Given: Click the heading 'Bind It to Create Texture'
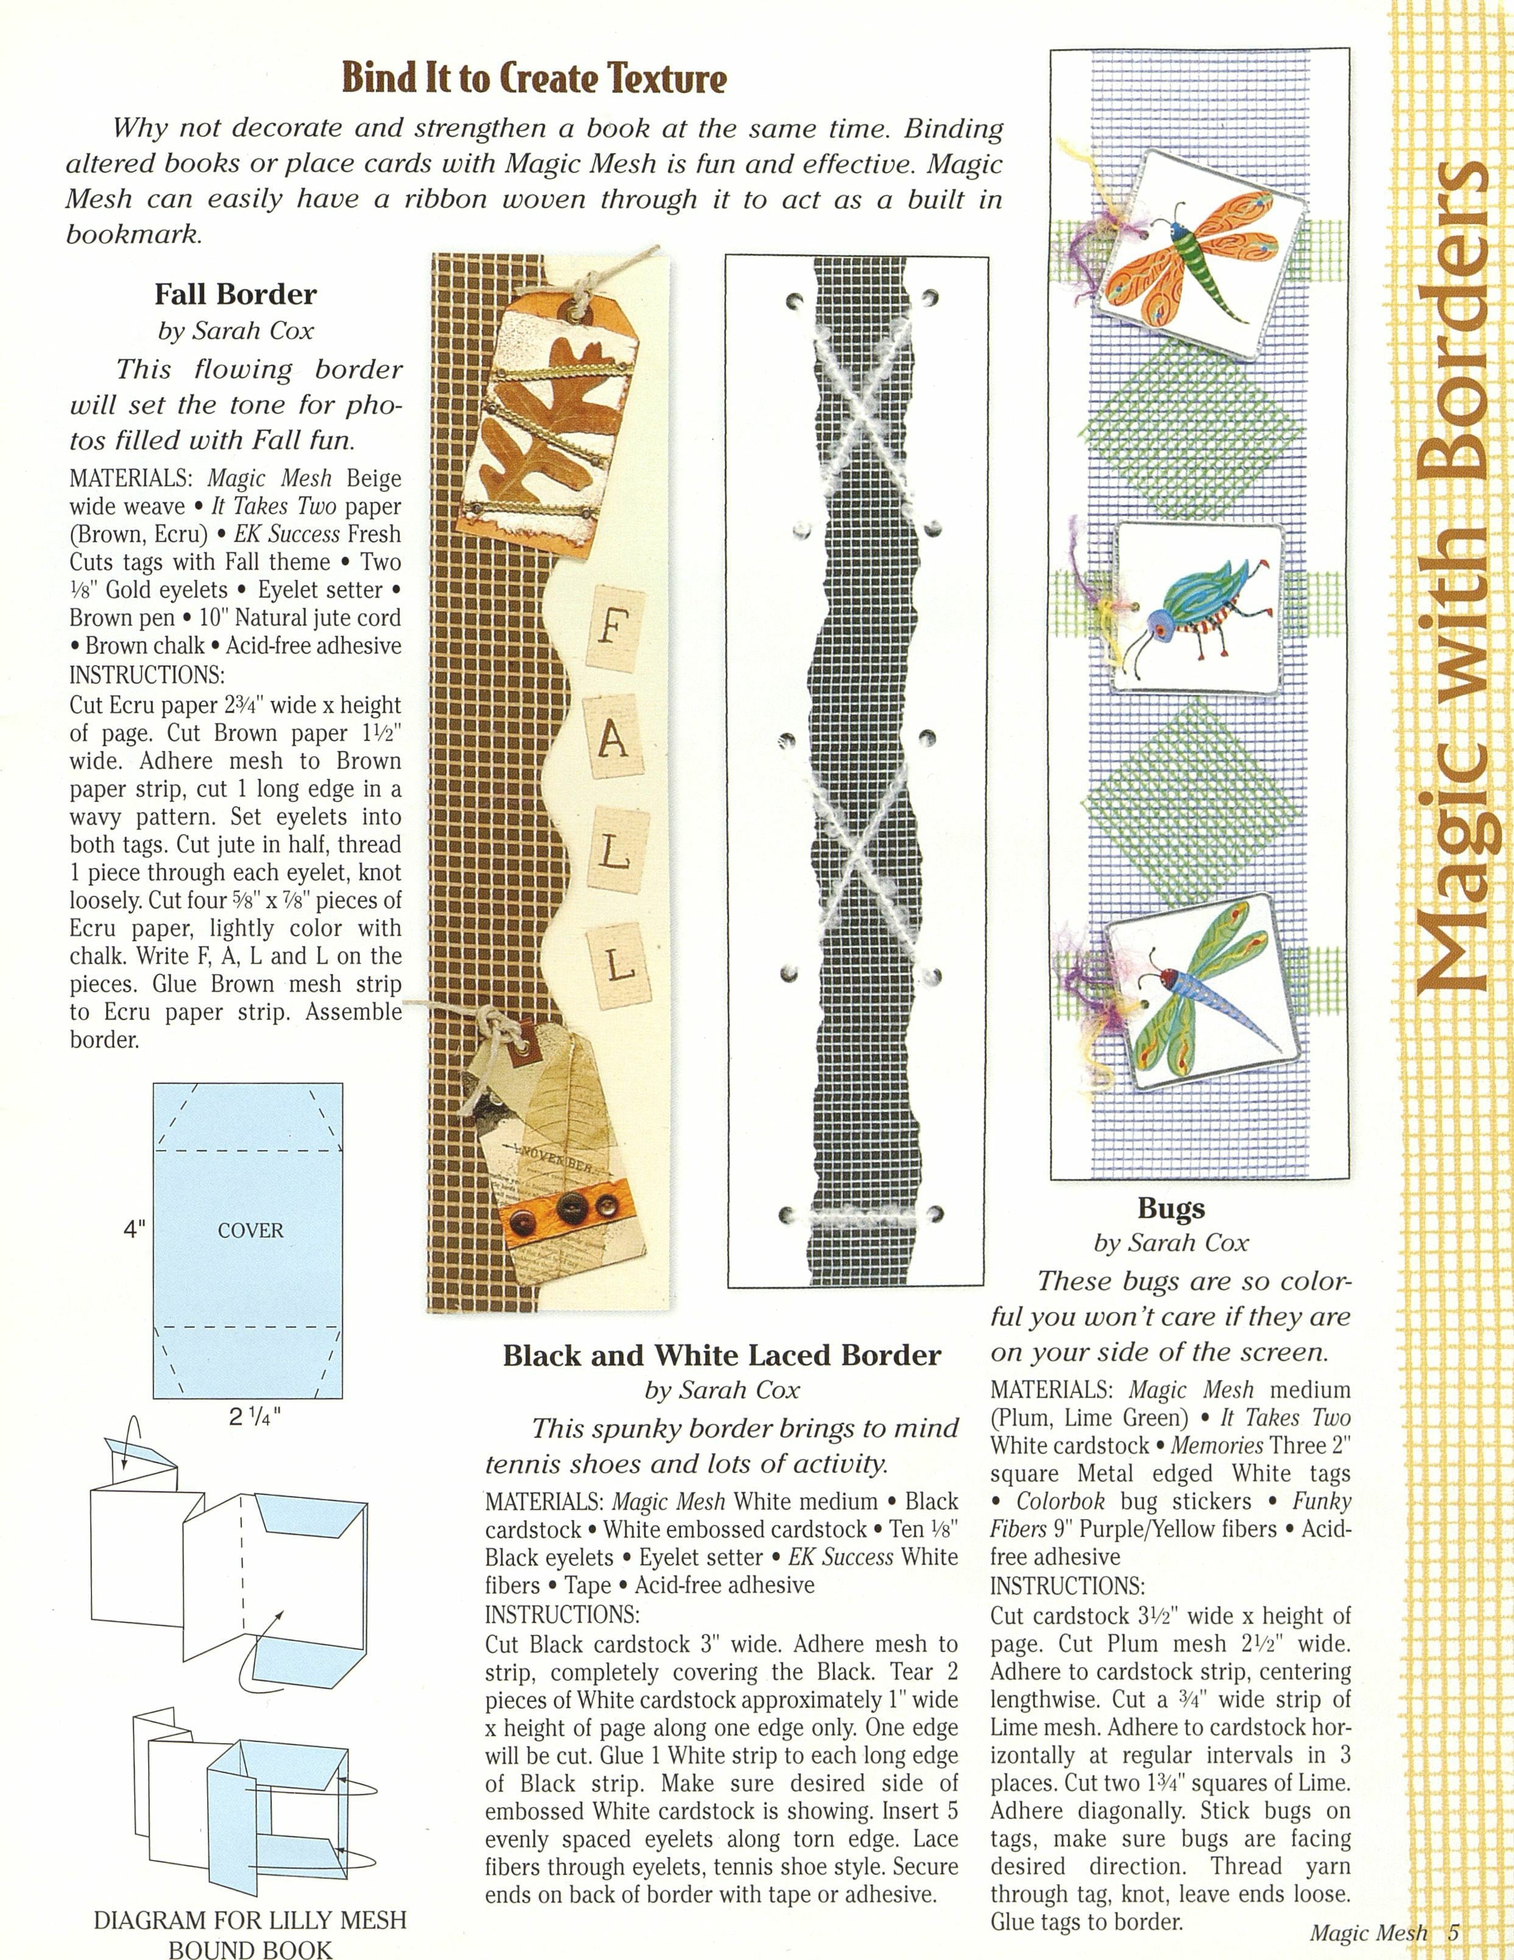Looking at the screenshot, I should (x=534, y=79).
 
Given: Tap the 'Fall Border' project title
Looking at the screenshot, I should (x=235, y=294).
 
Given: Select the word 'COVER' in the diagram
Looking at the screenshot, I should (x=250, y=1230).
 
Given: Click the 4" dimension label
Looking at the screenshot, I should (x=135, y=1230).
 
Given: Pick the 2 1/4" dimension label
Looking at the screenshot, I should (x=254, y=1419).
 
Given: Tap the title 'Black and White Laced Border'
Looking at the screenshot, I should (x=721, y=1355).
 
